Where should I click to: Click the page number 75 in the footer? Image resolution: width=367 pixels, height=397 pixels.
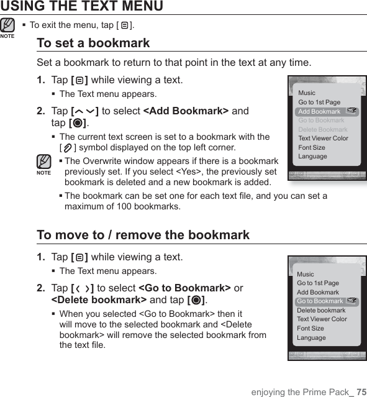point(361,391)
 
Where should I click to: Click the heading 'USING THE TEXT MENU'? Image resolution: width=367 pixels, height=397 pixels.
point(82,6)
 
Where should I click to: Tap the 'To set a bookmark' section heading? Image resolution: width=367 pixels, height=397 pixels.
point(93,43)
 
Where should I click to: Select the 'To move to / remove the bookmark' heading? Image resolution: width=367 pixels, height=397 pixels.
point(143,235)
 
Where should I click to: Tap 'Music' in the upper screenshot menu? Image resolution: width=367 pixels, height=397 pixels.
point(307,93)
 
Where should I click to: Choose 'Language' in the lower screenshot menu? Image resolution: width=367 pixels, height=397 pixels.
point(311,338)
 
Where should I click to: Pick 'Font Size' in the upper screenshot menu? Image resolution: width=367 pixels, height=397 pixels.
point(312,147)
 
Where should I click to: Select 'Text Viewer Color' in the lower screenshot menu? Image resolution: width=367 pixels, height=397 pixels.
point(322,319)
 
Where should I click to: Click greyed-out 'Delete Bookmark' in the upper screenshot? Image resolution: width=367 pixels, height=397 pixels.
point(323,129)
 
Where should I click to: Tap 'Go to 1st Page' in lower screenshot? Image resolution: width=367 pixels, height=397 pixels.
point(318,283)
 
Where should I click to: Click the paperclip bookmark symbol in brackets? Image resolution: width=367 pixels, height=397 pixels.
point(68,148)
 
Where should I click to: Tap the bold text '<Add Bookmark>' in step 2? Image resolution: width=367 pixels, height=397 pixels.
point(186,111)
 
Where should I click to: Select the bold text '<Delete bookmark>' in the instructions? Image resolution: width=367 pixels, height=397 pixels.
point(99,300)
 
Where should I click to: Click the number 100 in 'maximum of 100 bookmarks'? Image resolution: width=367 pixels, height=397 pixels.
point(124,207)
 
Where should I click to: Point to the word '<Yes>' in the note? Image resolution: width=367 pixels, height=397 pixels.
point(189,171)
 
